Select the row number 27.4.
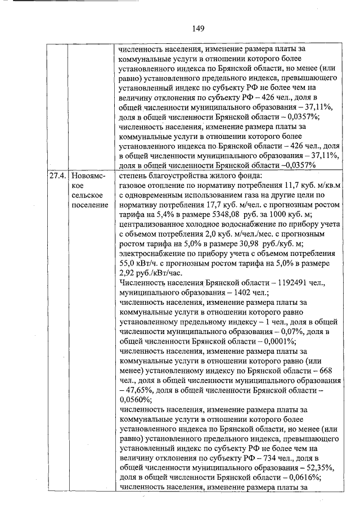[x=56, y=175]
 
